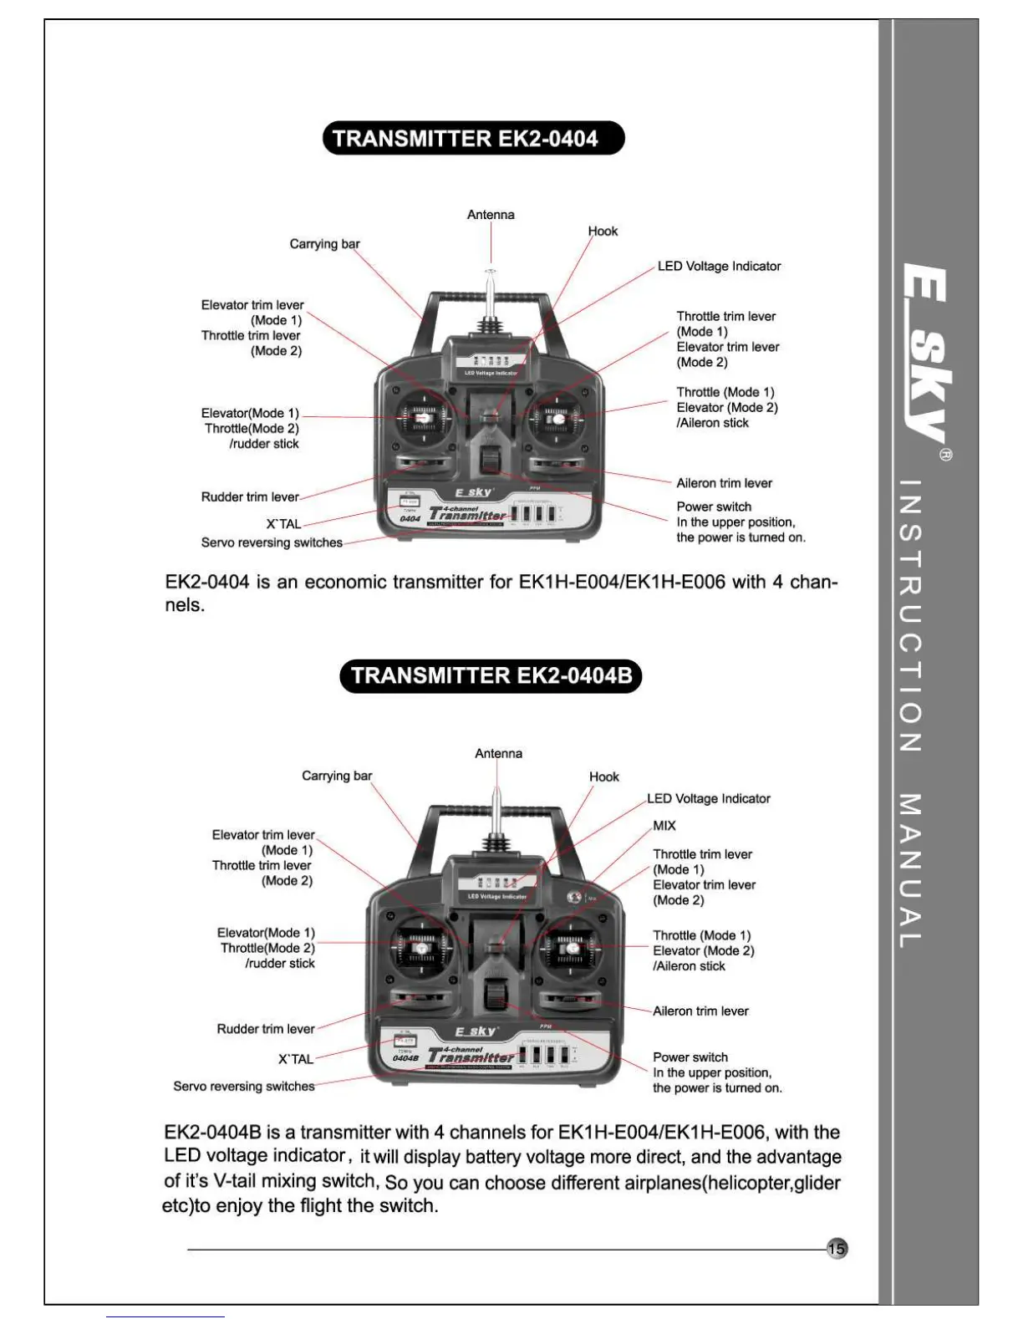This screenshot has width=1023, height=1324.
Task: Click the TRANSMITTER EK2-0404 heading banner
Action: coord(473,139)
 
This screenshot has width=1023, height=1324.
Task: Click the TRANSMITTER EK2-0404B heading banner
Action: coord(491,675)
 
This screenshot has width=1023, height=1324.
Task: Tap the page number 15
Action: coord(836,1249)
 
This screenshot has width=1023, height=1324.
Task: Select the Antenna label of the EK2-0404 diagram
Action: coord(491,215)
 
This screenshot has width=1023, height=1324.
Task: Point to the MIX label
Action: coord(664,826)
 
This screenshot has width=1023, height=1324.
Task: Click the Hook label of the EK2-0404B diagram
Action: coord(603,777)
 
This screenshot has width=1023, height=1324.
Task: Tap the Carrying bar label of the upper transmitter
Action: coord(324,244)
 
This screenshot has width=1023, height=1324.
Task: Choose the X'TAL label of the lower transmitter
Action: coord(296,1059)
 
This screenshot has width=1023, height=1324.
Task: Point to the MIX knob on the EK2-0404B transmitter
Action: coord(574,898)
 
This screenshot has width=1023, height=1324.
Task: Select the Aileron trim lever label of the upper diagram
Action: coord(724,483)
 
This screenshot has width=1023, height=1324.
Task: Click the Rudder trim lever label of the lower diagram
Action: coord(266,1029)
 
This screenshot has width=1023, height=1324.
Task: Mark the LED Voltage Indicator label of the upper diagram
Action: coord(719,267)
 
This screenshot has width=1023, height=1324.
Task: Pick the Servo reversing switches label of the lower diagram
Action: coord(244,1087)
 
